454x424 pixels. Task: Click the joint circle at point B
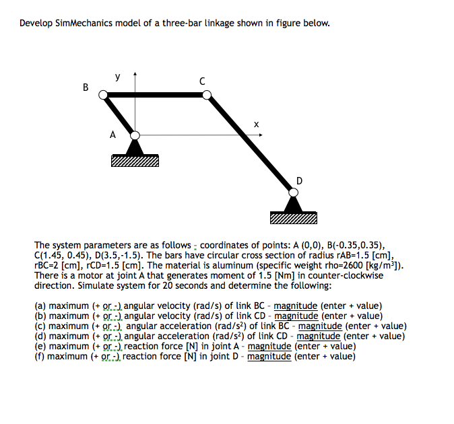point(104,96)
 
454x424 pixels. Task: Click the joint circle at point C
point(207,96)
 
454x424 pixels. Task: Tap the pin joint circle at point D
point(292,192)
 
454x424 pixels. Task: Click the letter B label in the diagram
point(85,87)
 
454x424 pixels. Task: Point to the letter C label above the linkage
point(202,81)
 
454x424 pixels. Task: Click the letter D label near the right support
point(299,180)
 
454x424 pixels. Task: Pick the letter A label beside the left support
point(112,135)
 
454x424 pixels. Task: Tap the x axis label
point(255,124)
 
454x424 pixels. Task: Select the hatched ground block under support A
point(135,161)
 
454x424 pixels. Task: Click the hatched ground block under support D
point(292,218)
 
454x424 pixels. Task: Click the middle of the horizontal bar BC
point(155,96)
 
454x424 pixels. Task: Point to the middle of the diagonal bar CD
point(249,144)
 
